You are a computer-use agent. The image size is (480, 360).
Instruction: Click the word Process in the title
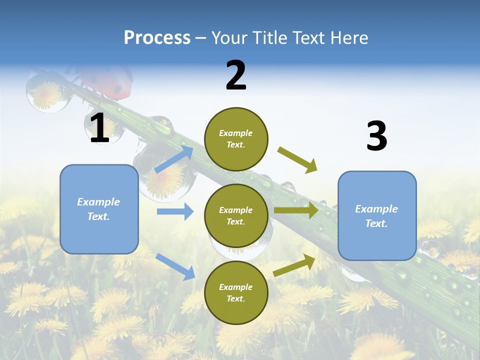point(157,38)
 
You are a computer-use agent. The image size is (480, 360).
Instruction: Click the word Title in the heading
point(270,38)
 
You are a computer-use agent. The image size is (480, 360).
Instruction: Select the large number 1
point(99,128)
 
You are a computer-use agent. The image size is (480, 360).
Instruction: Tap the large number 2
point(236,75)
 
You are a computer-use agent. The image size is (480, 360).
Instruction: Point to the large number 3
point(376,136)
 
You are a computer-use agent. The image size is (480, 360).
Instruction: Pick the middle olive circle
point(236,215)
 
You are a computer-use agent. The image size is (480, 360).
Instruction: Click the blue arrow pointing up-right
point(174,159)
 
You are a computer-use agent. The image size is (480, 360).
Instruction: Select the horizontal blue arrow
point(175,211)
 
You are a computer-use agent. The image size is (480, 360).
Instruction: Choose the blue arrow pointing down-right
point(175,266)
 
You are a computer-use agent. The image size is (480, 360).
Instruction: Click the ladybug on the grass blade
point(107,80)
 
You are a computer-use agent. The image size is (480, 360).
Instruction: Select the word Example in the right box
point(376,209)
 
